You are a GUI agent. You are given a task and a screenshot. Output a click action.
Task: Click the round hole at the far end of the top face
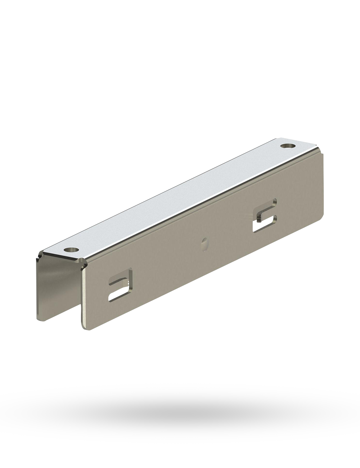[288, 147]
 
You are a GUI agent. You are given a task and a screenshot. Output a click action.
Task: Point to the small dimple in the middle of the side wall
[204, 242]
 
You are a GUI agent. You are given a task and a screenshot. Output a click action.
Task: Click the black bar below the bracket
[180, 414]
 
